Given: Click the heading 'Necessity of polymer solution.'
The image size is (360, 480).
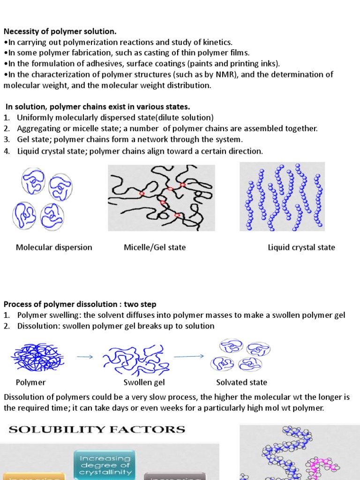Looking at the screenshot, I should coord(60,31).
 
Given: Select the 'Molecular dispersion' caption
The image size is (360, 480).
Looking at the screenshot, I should coord(54,247).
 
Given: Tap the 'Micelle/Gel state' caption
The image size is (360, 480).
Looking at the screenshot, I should coord(155,247).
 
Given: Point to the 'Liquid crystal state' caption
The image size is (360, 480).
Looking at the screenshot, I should coord(301,247).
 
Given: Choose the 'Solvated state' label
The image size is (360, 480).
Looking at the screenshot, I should coord(241,382).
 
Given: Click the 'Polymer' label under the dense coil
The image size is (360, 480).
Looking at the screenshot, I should coord(30,382).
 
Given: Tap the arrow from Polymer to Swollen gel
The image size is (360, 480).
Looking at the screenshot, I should coord(85,357).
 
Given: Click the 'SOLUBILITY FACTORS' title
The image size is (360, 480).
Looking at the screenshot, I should coord(97,429).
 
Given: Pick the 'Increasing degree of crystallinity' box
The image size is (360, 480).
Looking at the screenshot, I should coord(104,465).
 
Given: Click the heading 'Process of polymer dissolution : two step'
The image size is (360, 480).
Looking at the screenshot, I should coord(80,304).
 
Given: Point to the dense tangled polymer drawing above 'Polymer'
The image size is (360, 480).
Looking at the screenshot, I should coord(37,357).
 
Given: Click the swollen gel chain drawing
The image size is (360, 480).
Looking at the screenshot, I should coord(134,359).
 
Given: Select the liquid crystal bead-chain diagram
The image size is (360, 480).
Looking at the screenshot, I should coord(282,197).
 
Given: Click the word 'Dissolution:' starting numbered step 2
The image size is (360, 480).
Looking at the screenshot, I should coord(36,326).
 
